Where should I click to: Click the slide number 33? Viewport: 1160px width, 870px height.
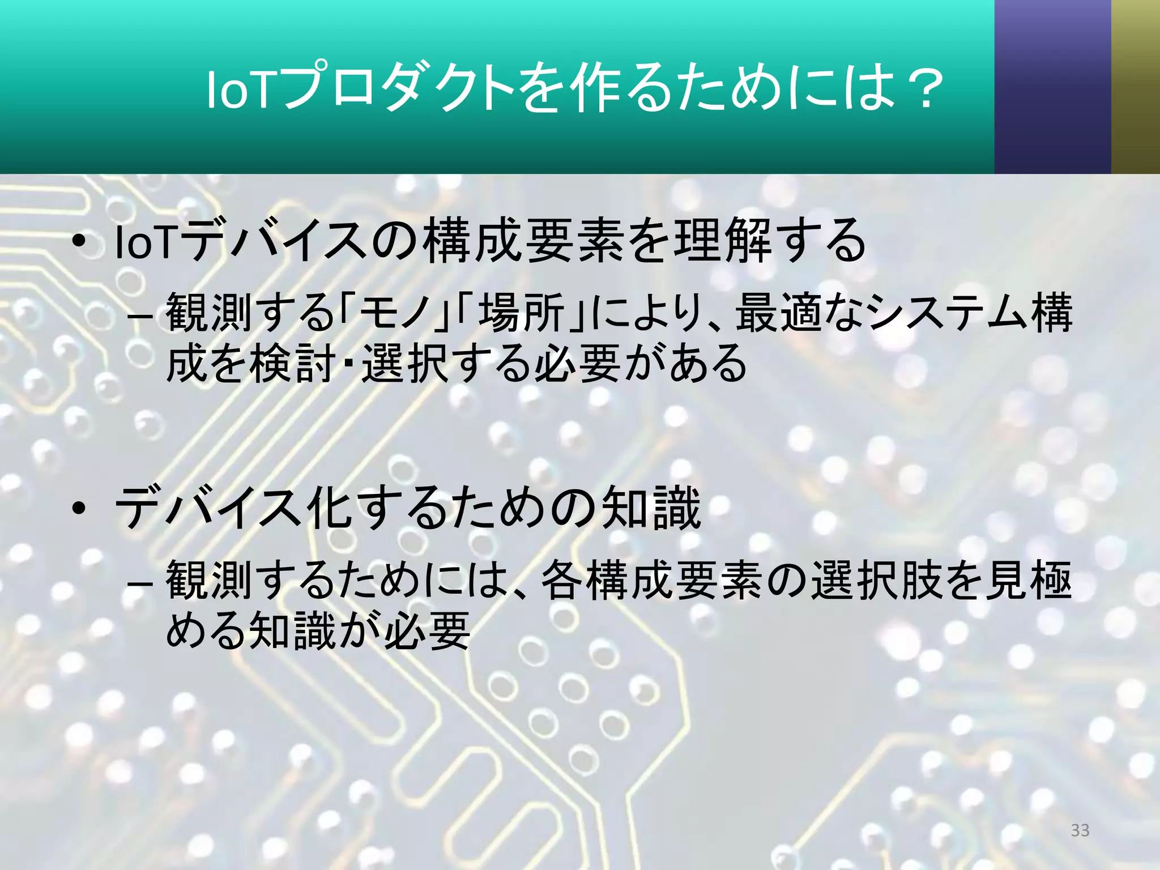[1080, 830]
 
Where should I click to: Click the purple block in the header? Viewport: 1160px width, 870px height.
[1052, 86]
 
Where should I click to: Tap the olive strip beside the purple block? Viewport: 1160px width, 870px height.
[1135, 86]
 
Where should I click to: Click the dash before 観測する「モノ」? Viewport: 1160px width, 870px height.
[139, 315]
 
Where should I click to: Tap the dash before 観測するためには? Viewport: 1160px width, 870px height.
[139, 582]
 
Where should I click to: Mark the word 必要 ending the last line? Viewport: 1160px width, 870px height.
[428, 630]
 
